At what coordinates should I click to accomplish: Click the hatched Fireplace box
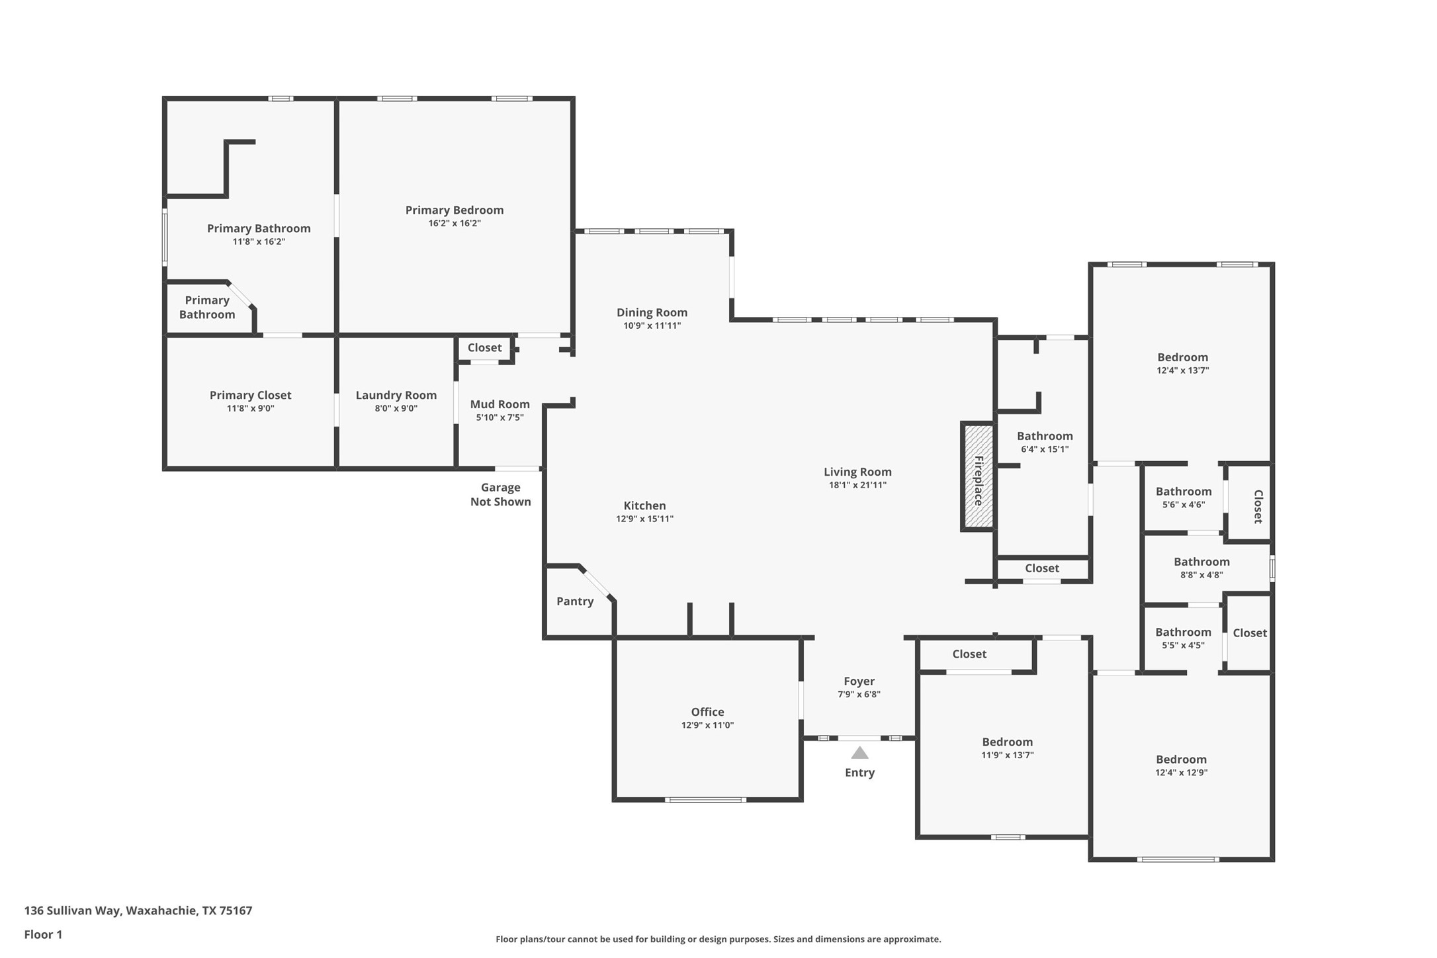[x=978, y=476]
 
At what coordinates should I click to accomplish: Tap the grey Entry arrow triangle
[x=859, y=753]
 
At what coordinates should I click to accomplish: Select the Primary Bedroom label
[x=455, y=210]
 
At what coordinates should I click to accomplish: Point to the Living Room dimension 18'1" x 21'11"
[x=857, y=485]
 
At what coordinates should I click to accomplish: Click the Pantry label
[x=575, y=601]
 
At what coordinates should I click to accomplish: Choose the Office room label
[x=707, y=712]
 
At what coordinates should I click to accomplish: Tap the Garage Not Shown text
[x=501, y=495]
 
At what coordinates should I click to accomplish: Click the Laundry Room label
[x=396, y=396]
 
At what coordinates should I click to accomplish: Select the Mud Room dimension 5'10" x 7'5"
[x=500, y=417]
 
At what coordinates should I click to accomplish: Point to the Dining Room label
[x=652, y=313]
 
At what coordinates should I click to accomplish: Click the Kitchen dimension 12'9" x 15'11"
[x=644, y=519]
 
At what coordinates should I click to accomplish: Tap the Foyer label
[x=859, y=681]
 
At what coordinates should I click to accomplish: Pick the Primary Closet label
[x=250, y=396]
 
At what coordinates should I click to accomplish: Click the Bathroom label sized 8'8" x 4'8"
[x=1201, y=562]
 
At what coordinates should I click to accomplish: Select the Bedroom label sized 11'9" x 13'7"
[x=1007, y=742]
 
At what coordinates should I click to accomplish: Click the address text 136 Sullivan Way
[x=73, y=910]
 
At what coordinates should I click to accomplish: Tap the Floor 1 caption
[x=43, y=935]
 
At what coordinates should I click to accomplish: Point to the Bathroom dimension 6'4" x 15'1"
[x=1045, y=449]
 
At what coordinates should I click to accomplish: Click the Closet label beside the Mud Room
[x=484, y=348]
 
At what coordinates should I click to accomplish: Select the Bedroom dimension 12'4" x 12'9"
[x=1181, y=772]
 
